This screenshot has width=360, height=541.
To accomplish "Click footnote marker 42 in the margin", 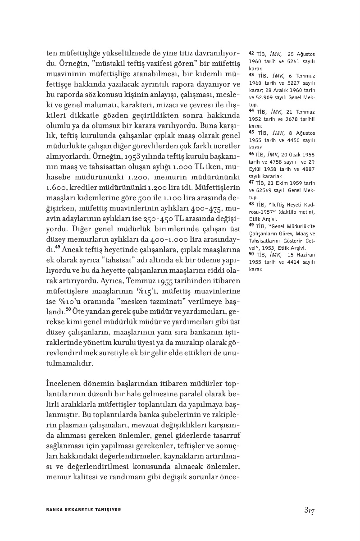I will click(x=251, y=53).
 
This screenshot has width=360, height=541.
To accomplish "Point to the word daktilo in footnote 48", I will click(x=284, y=212).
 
